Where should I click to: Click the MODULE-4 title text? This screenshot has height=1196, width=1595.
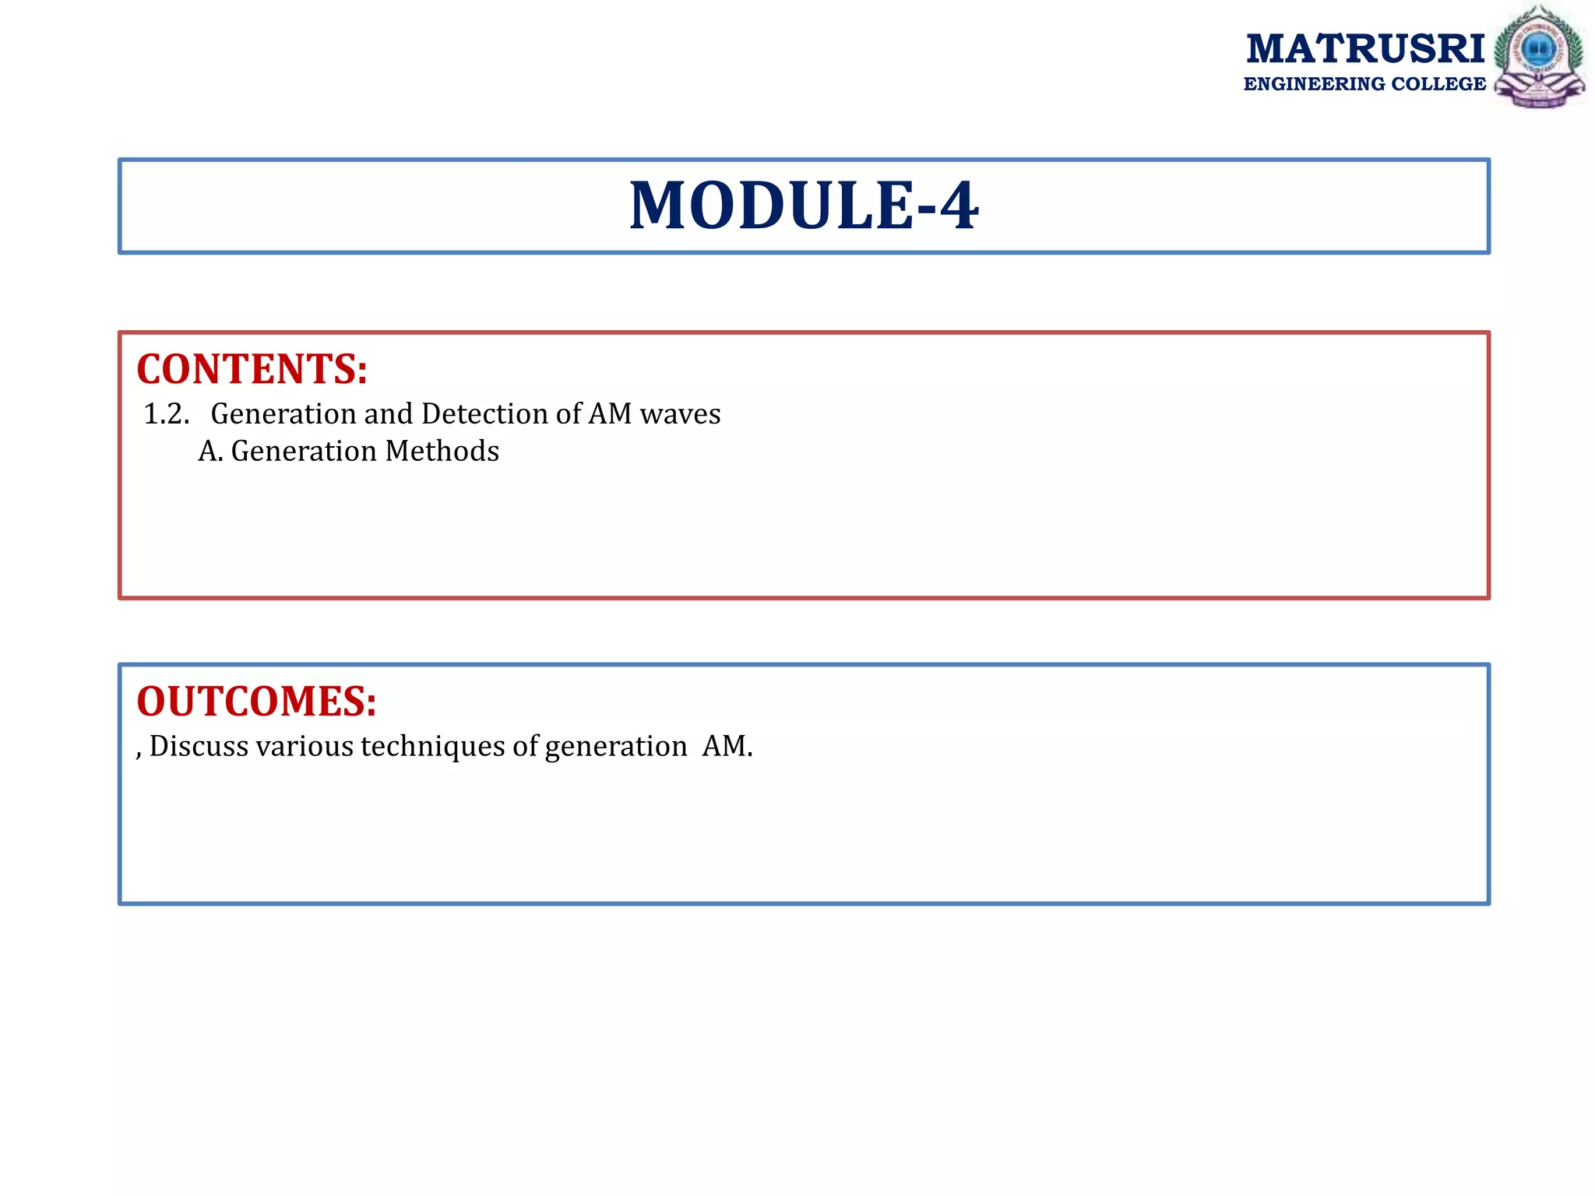[804, 206]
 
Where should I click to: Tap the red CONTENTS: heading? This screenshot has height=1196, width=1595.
[252, 369]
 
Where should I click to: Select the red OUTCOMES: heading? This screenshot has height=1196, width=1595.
[256, 701]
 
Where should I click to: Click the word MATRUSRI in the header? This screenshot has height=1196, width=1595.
[1365, 49]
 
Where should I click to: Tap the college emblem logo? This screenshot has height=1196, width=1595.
[1539, 57]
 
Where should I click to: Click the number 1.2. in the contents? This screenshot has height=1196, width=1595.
[167, 413]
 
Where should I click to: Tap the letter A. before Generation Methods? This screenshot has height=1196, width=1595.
[210, 451]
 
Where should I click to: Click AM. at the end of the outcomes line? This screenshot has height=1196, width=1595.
[727, 746]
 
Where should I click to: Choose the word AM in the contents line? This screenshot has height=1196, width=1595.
[610, 413]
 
